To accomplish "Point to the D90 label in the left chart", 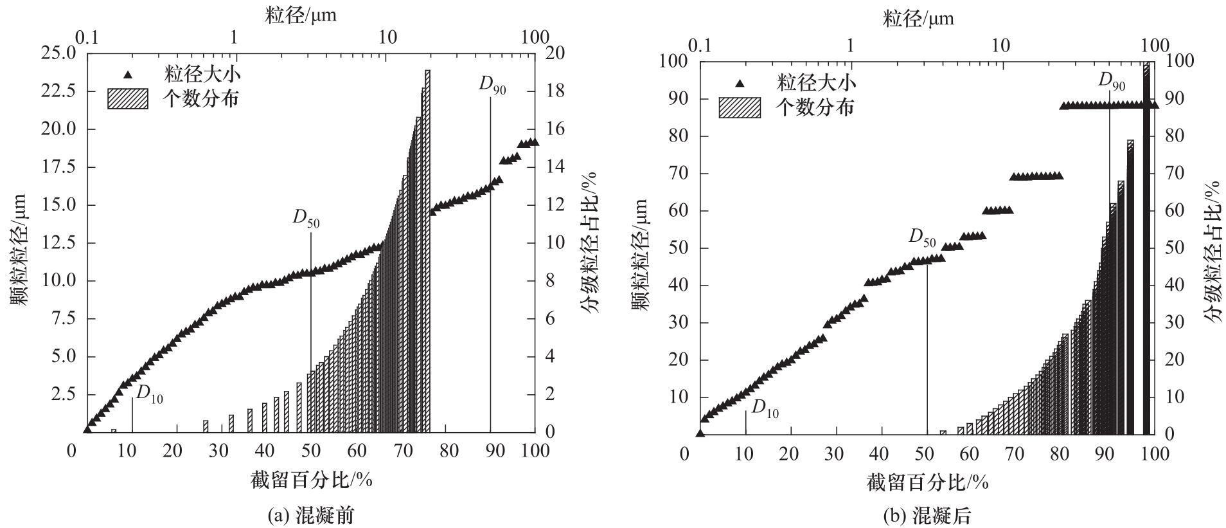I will [492, 86].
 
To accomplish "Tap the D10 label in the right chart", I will [765, 408].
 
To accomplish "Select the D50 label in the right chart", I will [922, 237].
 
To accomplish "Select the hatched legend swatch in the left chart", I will [127, 98].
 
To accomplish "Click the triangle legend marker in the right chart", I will [740, 83].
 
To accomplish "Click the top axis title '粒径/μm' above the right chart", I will [918, 19].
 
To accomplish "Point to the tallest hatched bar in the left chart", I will [427, 251].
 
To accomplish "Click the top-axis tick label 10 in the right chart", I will [1000, 44].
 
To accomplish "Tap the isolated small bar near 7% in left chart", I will [114, 430].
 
